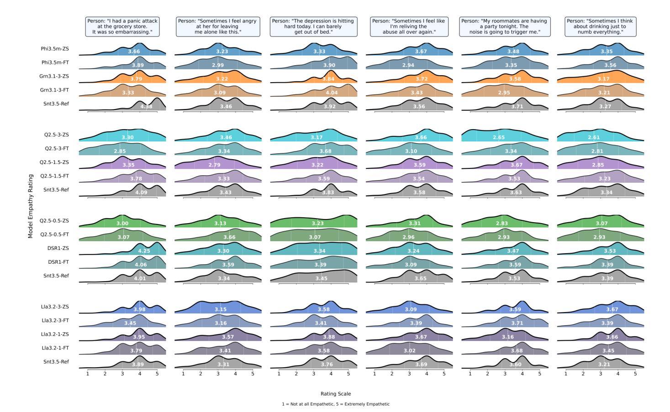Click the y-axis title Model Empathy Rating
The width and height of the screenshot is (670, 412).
31,206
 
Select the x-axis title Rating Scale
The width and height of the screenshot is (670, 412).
335,394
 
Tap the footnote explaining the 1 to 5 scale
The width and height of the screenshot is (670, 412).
335,404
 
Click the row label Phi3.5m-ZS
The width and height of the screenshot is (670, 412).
55,48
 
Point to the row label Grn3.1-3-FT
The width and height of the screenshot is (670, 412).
54,90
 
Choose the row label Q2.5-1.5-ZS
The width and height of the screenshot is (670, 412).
54,162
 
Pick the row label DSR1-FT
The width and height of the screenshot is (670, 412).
58,262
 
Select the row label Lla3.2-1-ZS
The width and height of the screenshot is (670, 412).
55,334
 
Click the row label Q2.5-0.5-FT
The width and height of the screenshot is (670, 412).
54,235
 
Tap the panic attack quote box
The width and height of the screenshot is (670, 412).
122,26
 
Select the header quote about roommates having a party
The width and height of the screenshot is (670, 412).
505,26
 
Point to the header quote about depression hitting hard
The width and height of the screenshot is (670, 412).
313,26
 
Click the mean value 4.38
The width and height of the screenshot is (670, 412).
146,107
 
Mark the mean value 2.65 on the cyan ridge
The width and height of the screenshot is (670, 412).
499,137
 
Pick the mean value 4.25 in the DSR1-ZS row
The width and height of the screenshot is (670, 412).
144,251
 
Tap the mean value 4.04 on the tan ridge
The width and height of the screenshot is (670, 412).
332,93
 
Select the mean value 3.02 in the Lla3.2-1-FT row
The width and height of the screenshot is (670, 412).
409,351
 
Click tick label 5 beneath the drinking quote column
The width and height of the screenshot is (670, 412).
635,374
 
